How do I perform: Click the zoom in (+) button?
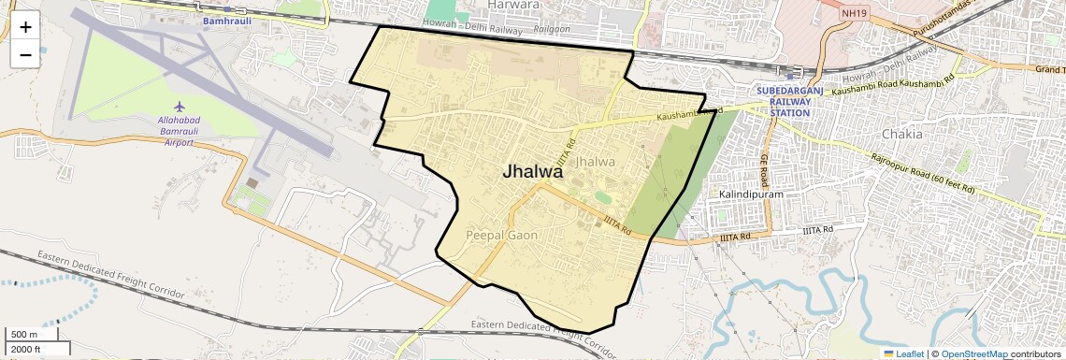coord(25,26)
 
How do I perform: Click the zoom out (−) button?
coord(25,54)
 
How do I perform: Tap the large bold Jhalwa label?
coord(533,172)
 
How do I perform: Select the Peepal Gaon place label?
coord(501,236)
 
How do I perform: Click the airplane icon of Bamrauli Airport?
coord(180,110)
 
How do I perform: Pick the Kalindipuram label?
coord(750,194)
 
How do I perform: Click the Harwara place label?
coord(514,5)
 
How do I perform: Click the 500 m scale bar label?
coord(25,335)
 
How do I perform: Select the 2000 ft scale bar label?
coord(26,349)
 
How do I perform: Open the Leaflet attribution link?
coord(903,354)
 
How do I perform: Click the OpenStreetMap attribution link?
coord(973,354)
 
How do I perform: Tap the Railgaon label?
coord(552,30)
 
